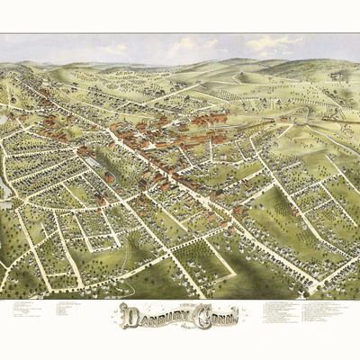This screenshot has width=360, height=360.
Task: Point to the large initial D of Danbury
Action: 129,315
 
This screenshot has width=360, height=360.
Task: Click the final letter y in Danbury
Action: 187,317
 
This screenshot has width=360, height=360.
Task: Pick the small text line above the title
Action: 179,303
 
